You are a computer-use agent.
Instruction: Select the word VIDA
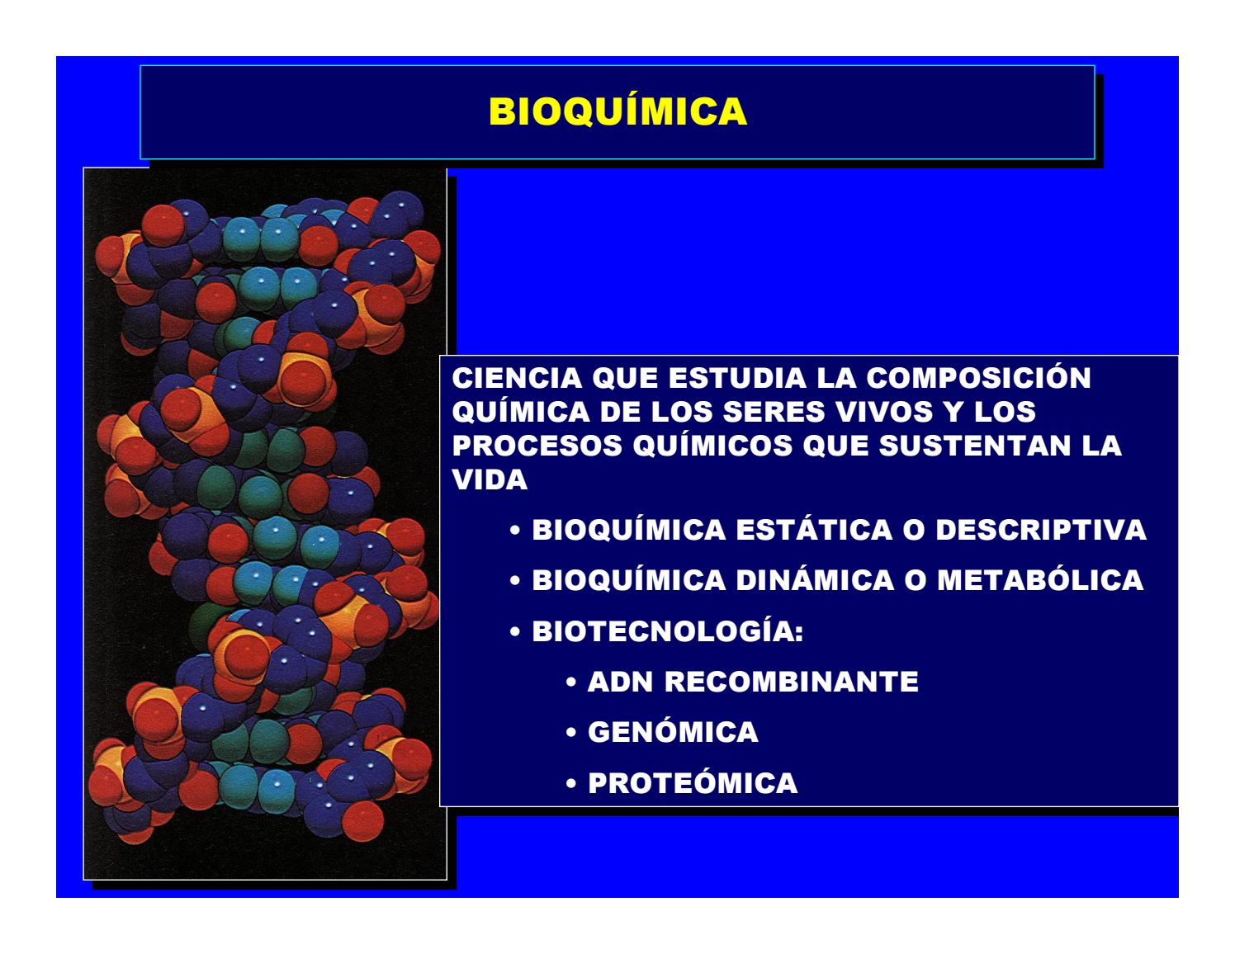pyautogui.click(x=490, y=479)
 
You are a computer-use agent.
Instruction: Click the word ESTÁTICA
pyautogui.click(x=814, y=530)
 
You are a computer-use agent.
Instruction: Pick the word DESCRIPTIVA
pyautogui.click(x=1041, y=530)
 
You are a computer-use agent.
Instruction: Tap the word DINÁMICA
pyautogui.click(x=815, y=580)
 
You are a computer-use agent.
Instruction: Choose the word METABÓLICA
pyautogui.click(x=1040, y=580)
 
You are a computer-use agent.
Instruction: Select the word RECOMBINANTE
pyautogui.click(x=792, y=682)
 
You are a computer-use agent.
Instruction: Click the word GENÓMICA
pyautogui.click(x=673, y=731)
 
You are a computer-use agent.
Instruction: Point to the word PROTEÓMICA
pyautogui.click(x=693, y=782)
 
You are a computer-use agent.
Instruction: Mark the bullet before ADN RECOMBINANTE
pyautogui.click(x=571, y=682)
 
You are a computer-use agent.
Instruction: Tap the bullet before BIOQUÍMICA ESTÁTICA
pyautogui.click(x=515, y=531)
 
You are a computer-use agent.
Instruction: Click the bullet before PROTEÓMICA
pyautogui.click(x=571, y=783)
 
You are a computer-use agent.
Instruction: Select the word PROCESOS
pyautogui.click(x=537, y=446)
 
